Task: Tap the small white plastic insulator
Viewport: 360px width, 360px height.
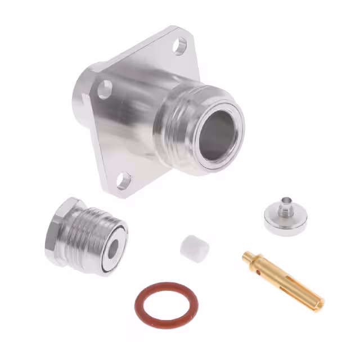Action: tap(195, 247)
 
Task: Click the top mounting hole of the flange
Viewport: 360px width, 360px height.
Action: tap(179, 46)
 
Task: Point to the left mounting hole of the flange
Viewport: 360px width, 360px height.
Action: tap(105, 89)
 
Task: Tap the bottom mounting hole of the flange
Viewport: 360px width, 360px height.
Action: tap(124, 181)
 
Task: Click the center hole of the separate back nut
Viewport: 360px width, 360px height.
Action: tap(115, 248)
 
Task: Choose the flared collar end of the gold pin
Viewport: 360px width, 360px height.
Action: tap(249, 258)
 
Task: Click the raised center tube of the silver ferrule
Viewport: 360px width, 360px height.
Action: tap(287, 203)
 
